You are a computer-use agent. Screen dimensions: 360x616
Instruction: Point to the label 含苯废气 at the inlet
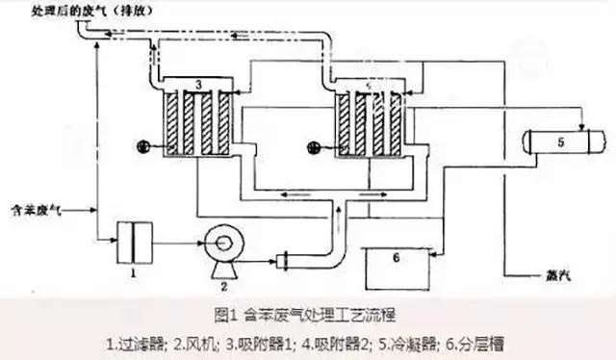tap(35, 206)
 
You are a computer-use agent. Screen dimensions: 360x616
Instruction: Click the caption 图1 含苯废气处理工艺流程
tap(307, 314)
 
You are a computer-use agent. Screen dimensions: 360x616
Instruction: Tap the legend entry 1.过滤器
tap(141, 342)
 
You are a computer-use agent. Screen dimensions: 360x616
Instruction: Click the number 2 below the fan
tap(224, 286)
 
